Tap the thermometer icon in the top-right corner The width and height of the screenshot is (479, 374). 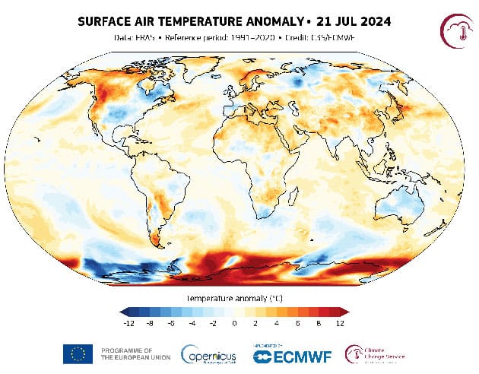[458, 30]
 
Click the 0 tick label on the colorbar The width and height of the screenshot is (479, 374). [234, 322]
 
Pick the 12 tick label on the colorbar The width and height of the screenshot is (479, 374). [340, 322]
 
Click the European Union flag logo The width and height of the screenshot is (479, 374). [78, 353]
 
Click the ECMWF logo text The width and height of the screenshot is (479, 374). [293, 355]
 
